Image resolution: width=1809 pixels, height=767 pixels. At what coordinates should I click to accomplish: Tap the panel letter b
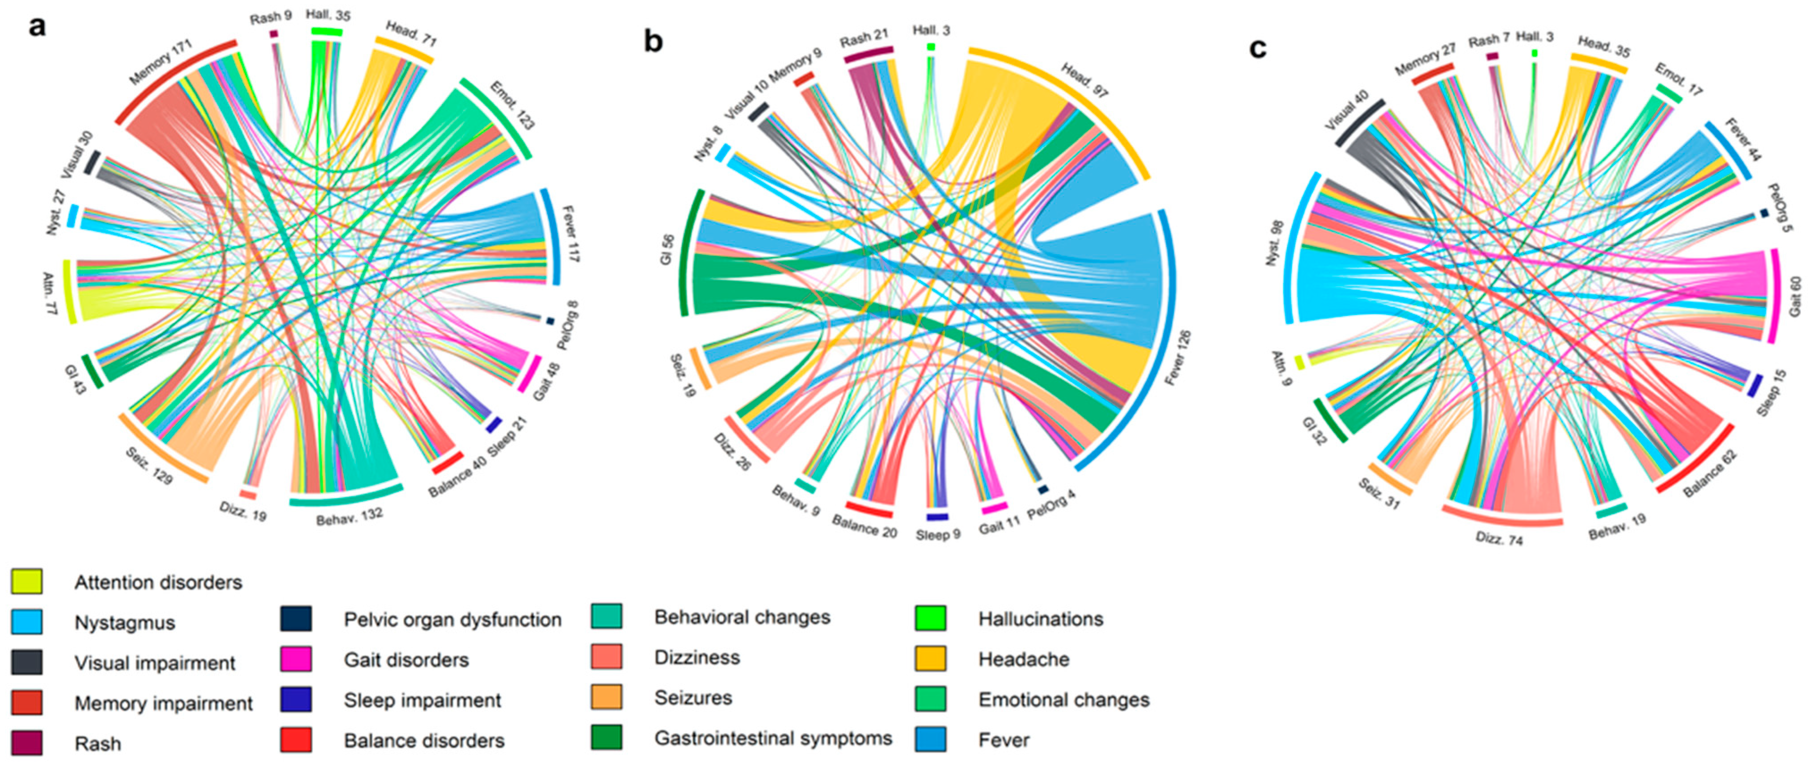click(653, 42)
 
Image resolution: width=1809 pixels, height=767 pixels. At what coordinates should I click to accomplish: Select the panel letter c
click(1258, 48)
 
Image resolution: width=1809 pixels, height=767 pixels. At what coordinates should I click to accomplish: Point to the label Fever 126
click(1178, 357)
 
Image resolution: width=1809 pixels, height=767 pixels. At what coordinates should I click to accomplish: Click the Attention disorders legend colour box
click(27, 582)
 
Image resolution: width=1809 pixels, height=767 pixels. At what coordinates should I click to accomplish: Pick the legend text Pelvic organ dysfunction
click(452, 620)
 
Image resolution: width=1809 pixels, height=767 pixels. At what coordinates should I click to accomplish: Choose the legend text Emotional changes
click(1063, 700)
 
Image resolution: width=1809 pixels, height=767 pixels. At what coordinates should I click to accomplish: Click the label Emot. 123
click(512, 106)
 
